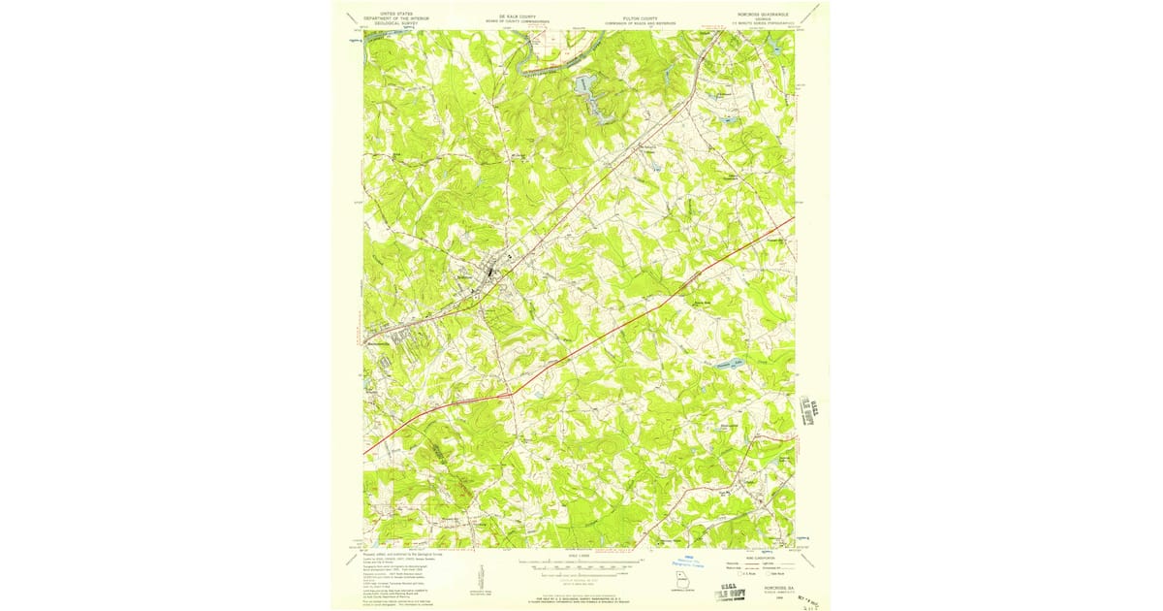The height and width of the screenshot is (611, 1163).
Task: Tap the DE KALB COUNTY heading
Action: [517, 16]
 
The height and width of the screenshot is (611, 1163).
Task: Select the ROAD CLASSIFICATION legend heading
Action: [763, 556]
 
